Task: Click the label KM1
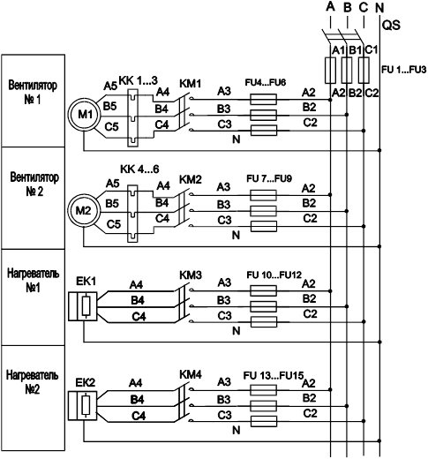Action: click(x=191, y=84)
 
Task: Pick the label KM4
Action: click(x=191, y=374)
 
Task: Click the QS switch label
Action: click(x=391, y=26)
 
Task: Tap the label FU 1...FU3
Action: click(x=404, y=70)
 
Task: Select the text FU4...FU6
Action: click(x=266, y=82)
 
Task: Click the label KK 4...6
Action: click(x=139, y=169)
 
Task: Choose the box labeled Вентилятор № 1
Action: click(x=34, y=101)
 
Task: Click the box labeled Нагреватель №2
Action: click(x=34, y=398)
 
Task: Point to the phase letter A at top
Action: click(x=331, y=7)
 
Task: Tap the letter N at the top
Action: click(x=379, y=8)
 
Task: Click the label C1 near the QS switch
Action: click(x=372, y=49)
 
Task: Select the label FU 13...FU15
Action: click(x=274, y=376)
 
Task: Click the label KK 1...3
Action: click(x=138, y=80)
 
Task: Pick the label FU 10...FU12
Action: click(x=274, y=275)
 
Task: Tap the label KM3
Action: click(x=191, y=275)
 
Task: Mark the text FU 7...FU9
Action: click(x=269, y=178)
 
